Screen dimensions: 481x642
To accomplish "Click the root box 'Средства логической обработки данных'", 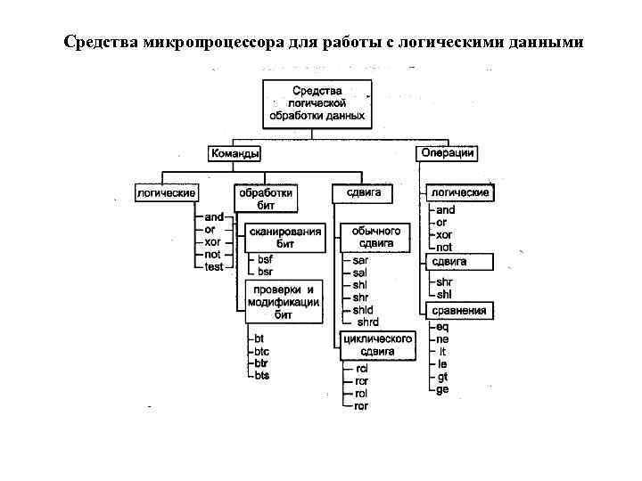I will click(x=317, y=103).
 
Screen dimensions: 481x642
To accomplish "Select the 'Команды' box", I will click(x=235, y=153).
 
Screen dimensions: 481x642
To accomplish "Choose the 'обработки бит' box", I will click(x=265, y=199).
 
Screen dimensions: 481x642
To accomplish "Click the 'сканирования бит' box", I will click(x=285, y=237).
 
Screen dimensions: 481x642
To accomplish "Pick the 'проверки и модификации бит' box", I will click(x=284, y=301).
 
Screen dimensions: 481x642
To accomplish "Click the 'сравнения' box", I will click(x=459, y=310).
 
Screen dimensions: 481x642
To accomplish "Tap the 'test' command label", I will click(x=214, y=266).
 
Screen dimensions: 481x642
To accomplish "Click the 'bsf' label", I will click(x=266, y=259).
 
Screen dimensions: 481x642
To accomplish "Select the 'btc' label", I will click(x=261, y=351).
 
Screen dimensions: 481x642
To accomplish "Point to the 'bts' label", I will click(x=261, y=375).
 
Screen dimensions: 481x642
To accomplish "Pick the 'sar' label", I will click(x=360, y=259).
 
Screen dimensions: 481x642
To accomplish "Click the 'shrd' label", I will click(x=367, y=322).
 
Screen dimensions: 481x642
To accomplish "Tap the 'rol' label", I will click(x=361, y=393).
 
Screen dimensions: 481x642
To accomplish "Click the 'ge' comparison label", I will click(x=443, y=388).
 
